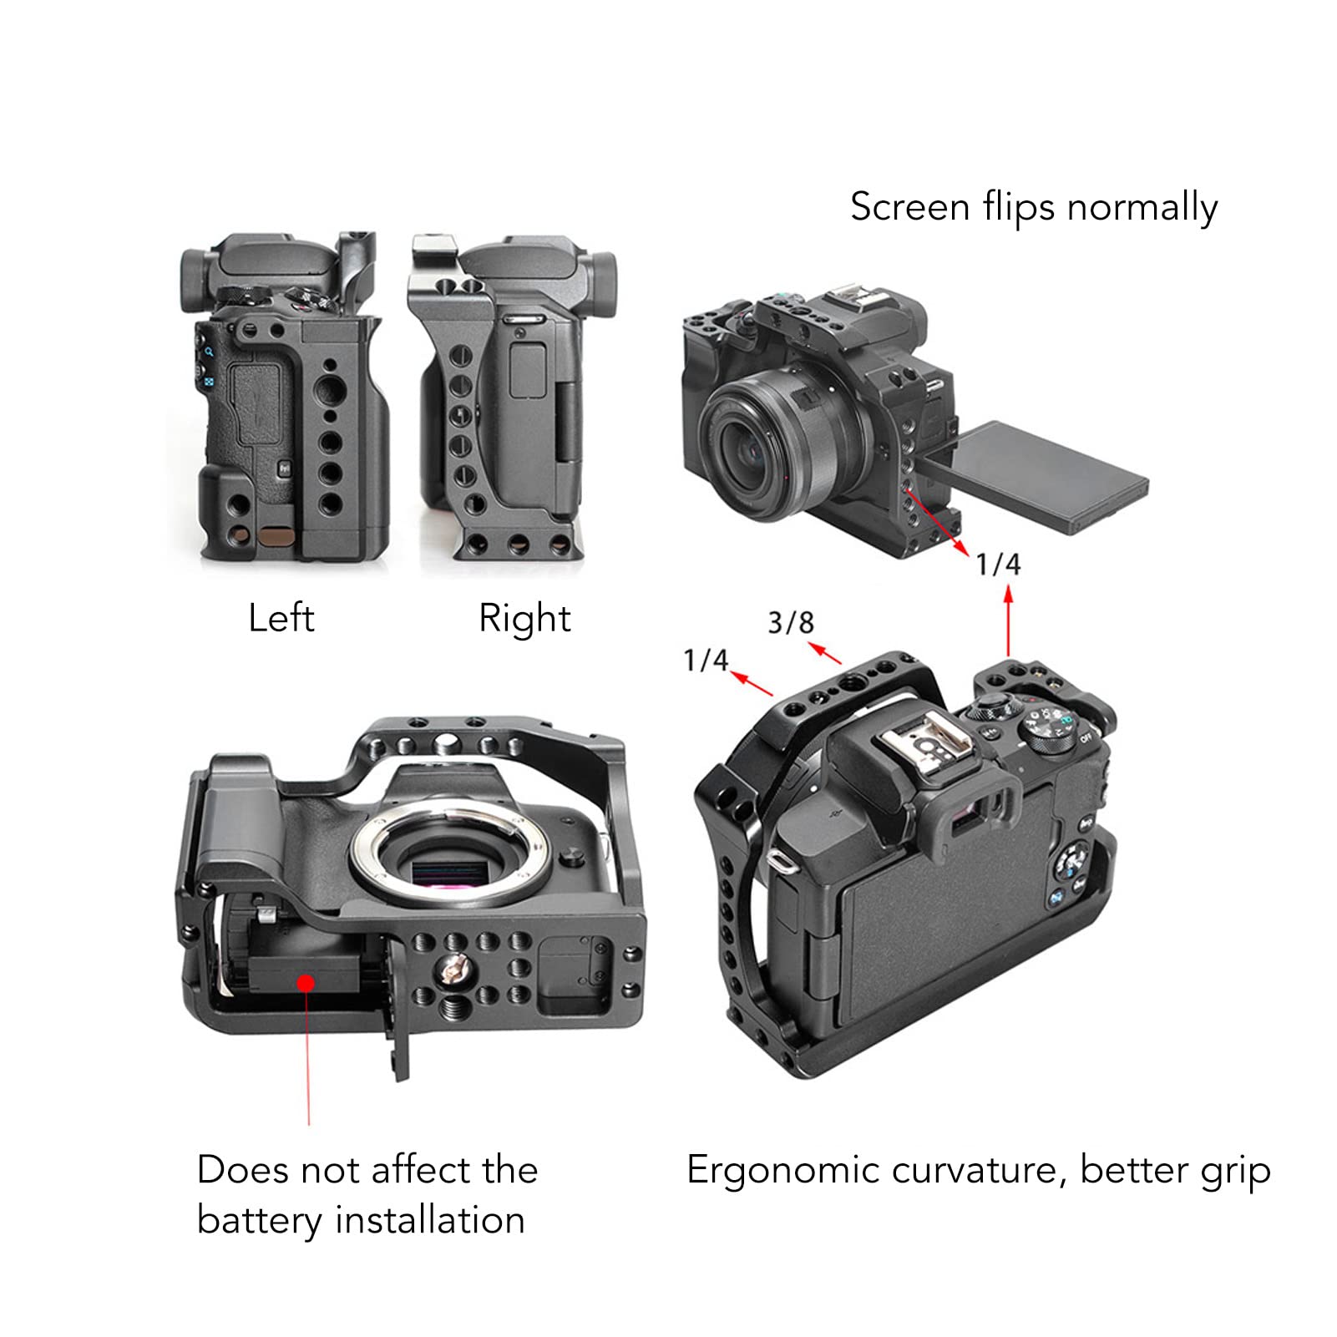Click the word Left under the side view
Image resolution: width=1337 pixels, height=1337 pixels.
[x=281, y=619]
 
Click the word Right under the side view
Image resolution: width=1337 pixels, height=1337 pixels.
[x=524, y=619]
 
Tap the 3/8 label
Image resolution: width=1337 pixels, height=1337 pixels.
[x=790, y=623]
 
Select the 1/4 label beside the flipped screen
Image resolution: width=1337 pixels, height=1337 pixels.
[x=998, y=565]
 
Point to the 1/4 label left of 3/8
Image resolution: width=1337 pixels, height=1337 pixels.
[x=706, y=661]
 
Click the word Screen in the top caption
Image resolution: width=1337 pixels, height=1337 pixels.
[x=909, y=207]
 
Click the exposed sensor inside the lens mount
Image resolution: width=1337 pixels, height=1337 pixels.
[x=452, y=874]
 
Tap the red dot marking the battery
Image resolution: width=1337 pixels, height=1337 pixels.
[x=306, y=982]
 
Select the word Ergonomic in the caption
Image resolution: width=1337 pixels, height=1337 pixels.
[x=782, y=1171]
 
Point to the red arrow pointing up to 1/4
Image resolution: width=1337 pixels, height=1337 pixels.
[x=1008, y=622]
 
